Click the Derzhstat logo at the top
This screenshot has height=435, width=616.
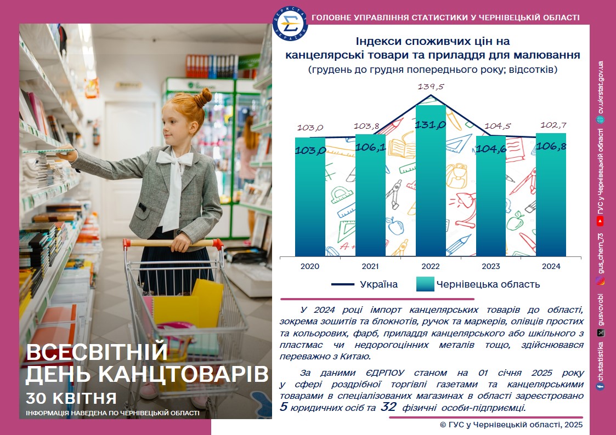(x=290, y=24)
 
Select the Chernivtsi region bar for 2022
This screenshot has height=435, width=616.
(x=431, y=181)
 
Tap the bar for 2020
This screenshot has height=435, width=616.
(x=310, y=197)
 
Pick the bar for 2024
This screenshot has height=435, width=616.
(x=551, y=195)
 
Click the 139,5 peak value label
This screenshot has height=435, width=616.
(x=431, y=87)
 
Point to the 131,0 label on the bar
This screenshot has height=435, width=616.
(x=431, y=125)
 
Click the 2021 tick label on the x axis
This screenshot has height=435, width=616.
(x=370, y=266)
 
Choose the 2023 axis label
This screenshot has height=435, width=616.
(x=491, y=266)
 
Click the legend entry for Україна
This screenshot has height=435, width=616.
(x=365, y=284)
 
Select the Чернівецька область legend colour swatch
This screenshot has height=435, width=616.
(x=425, y=284)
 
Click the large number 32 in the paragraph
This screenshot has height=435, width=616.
(x=388, y=407)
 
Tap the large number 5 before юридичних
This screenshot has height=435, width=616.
(x=284, y=407)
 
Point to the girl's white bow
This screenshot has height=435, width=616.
(x=175, y=158)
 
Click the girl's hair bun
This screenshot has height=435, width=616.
(x=204, y=98)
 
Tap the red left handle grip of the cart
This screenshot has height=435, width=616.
(x=127, y=244)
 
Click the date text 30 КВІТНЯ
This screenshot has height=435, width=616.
(x=71, y=398)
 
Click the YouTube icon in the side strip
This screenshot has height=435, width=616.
(x=600, y=222)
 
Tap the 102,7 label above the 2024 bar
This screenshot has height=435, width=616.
(x=553, y=125)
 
